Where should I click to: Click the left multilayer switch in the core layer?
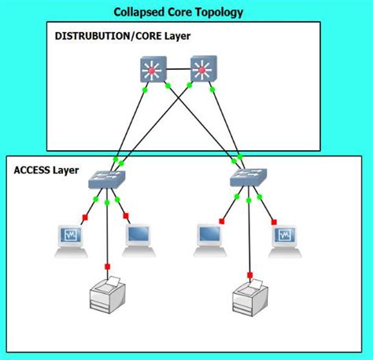coord(153,69)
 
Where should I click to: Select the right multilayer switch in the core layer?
coord(204,68)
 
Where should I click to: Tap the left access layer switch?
coord(107,179)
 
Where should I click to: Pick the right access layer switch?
coord(249,178)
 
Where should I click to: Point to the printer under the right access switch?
coord(250,298)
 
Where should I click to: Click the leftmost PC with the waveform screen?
coord(71,241)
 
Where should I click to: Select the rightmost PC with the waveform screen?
coord(285,241)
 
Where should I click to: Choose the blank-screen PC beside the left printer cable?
coord(139,241)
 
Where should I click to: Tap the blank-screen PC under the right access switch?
coord(210,241)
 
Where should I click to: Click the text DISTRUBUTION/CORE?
coord(108,36)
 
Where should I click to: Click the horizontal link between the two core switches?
coord(179,69)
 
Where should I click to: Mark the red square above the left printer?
coord(107,266)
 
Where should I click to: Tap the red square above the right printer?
coord(249,275)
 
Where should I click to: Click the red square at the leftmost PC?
coord(85,217)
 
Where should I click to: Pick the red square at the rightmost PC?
coord(274,222)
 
